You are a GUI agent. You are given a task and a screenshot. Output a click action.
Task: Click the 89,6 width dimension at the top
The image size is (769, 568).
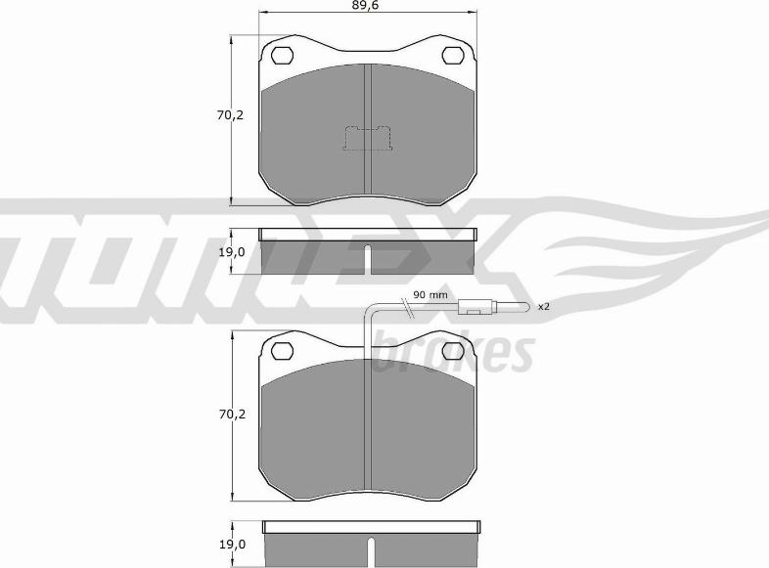(367, 6)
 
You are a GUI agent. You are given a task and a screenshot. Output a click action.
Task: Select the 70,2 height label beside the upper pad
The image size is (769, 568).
(230, 115)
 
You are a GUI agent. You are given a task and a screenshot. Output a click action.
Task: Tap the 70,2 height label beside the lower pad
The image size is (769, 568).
(230, 415)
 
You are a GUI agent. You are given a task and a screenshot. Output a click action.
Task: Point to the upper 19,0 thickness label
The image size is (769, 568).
(230, 251)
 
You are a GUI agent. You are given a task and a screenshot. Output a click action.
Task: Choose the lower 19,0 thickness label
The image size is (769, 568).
(230, 546)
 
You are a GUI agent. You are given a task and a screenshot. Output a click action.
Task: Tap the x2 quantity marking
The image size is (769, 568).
(544, 307)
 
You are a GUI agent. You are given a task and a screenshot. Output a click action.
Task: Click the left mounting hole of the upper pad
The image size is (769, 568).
(283, 54)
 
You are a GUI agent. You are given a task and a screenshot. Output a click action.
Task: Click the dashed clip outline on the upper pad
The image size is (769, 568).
(367, 140)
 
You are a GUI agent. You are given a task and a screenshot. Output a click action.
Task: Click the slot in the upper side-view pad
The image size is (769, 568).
(367, 260)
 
